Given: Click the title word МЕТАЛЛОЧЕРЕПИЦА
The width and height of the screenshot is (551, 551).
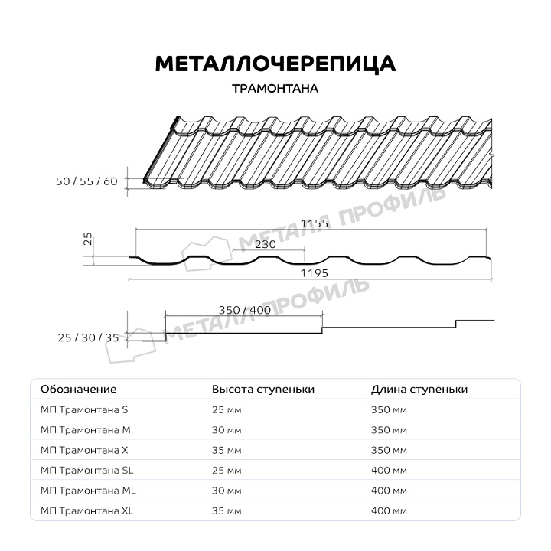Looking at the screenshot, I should pos(275,64).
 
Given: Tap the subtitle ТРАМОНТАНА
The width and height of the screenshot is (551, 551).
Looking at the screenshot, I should pos(275,88).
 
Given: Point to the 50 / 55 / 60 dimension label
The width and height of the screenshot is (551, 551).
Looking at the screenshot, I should pos(87,181).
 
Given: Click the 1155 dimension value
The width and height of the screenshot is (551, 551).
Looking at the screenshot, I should pos(315,223).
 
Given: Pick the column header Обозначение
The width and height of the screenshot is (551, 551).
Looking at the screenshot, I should pos(78,389).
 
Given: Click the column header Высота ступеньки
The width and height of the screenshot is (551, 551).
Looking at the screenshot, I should pos(263,389).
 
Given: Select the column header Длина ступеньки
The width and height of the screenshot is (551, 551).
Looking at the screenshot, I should pos(419,389).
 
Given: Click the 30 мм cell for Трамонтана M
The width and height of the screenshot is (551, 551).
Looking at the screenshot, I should pos(227,430).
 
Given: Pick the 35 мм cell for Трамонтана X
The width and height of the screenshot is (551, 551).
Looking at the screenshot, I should pos(227,450).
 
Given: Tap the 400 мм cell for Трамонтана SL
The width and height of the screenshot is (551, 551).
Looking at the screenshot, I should pos(389,470).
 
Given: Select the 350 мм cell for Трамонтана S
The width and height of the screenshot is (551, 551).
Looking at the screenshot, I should pos(389,410).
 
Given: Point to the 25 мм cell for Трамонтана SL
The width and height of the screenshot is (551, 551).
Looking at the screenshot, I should pos(227,470).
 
